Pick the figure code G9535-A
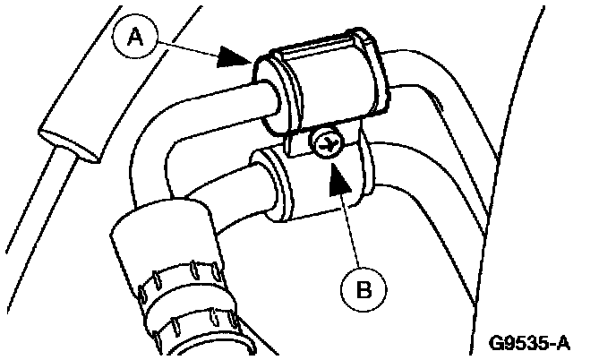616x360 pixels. pyautogui.click(x=530, y=342)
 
